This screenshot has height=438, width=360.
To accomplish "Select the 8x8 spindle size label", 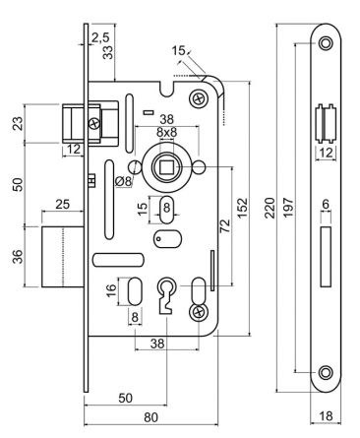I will (x=166, y=132).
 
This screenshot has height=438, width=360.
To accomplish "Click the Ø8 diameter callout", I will (x=124, y=180).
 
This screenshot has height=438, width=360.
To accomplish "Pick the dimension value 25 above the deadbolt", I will (x=62, y=204).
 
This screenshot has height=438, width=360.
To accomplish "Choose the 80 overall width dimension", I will (x=150, y=416).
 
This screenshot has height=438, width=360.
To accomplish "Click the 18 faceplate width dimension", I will (x=324, y=417).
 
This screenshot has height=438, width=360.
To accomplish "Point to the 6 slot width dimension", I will (x=325, y=205).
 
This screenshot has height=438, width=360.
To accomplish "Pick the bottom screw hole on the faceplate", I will (x=325, y=372).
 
